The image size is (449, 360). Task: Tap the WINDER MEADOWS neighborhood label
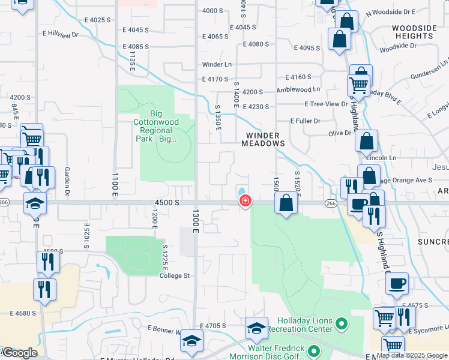(263, 139)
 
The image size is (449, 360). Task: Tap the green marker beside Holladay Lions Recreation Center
(342, 325)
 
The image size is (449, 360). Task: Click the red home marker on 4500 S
(246, 201)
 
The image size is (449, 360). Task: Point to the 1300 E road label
(195, 221)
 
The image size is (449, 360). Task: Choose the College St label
(174, 276)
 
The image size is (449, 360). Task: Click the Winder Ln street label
(217, 64)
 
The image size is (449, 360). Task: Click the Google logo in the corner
(20, 352)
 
